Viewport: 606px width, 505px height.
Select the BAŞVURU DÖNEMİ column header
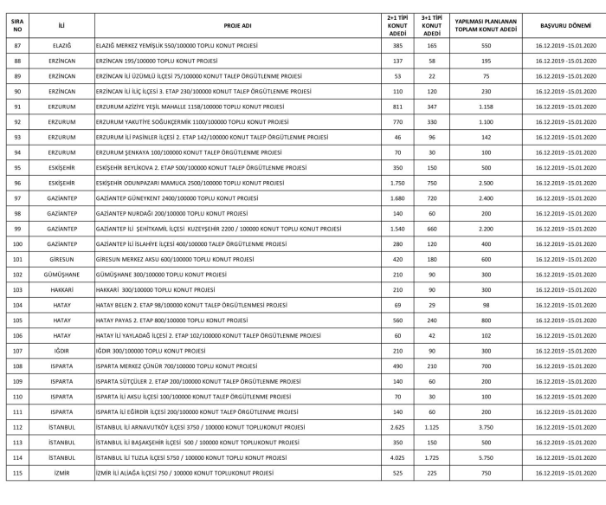(560, 26)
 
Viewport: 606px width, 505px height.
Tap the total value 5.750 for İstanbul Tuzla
(486, 456)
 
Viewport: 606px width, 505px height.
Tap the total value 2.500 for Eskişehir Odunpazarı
(486, 182)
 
